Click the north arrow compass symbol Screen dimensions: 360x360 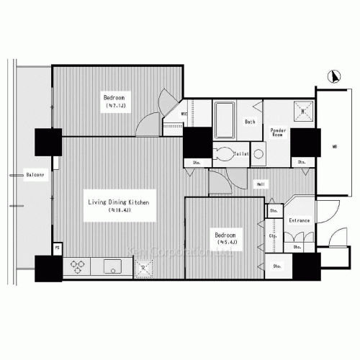click(x=333, y=75)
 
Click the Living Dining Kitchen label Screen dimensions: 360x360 click(x=119, y=203)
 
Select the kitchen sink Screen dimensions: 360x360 click(x=111, y=266)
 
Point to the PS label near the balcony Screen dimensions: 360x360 click(x=57, y=248)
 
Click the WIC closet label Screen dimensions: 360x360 click(x=184, y=114)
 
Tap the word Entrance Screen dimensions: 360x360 click(x=299, y=220)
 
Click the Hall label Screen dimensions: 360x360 click(x=259, y=185)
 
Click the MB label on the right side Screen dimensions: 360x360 click(x=334, y=148)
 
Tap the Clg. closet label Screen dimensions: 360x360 click(x=274, y=235)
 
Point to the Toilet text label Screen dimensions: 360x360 click(x=241, y=153)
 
